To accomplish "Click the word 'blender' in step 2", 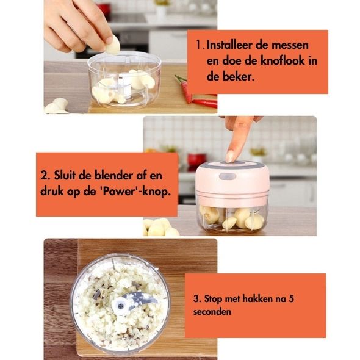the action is pos(113,175).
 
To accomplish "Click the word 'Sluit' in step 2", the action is pos(65,175).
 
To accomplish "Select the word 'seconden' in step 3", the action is pos(212,312).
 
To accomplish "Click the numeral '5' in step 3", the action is pos(291,299).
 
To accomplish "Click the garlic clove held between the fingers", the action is pos(113,45).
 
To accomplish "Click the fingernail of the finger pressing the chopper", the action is pos(229,156).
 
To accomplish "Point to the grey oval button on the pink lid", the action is pos(228,176).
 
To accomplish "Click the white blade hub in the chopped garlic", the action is pos(120,305).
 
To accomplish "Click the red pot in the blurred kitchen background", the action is pos(197,159).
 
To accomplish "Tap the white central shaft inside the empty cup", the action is pos(124,86).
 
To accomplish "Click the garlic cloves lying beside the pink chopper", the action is pos(160,227).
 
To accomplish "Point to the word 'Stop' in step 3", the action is pos(214,299).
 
